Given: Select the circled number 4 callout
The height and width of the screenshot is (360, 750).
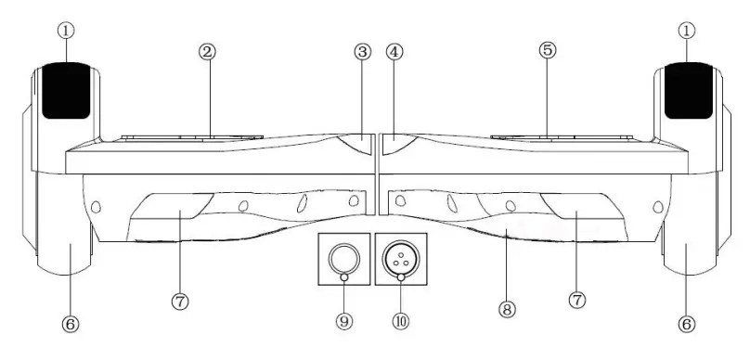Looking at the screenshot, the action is (394, 52).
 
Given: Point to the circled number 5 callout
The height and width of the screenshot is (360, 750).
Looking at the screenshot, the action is (548, 51).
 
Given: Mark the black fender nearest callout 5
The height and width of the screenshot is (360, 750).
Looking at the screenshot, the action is (689, 90).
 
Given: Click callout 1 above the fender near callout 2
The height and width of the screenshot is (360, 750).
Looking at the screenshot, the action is (66, 30).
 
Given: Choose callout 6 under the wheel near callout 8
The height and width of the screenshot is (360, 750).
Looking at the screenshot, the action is (687, 325).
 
